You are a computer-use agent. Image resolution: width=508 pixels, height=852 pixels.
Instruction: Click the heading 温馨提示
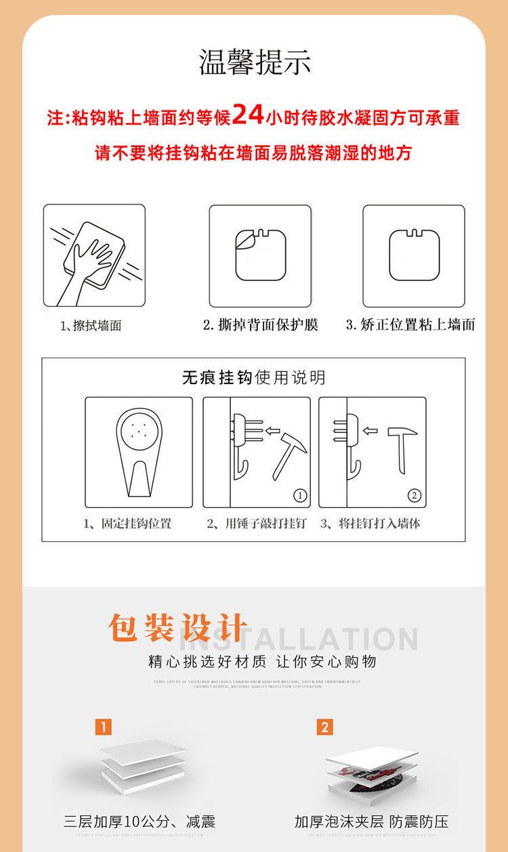point(255,62)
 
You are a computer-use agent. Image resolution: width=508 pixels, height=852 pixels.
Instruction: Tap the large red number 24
point(248,115)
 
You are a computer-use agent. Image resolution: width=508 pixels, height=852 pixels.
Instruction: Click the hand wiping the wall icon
point(93,256)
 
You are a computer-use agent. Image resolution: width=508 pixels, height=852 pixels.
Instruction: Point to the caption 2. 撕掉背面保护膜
point(260,325)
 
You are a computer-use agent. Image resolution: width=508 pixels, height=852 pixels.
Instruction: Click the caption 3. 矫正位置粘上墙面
point(410,325)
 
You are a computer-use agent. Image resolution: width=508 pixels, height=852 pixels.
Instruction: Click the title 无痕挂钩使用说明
point(253,377)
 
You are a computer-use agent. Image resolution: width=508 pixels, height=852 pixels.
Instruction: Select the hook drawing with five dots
point(138,450)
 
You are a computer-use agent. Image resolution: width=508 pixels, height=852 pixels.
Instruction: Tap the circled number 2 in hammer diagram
point(415,496)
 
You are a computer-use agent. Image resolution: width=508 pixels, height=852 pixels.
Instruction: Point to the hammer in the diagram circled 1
point(290,450)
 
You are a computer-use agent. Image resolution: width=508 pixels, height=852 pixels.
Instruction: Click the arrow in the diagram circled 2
point(371,430)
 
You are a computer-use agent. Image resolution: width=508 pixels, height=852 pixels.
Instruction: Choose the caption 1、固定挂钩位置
point(127,524)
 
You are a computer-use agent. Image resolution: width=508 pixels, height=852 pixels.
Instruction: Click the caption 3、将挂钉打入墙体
point(370,524)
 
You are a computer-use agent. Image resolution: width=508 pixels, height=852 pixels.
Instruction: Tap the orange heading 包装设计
point(178,628)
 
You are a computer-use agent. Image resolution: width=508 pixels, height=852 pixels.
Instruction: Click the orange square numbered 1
point(102,727)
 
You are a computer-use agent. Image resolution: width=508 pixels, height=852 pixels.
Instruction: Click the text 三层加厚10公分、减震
point(140,822)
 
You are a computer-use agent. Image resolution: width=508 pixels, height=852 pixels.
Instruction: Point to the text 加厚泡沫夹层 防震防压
point(371,822)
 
